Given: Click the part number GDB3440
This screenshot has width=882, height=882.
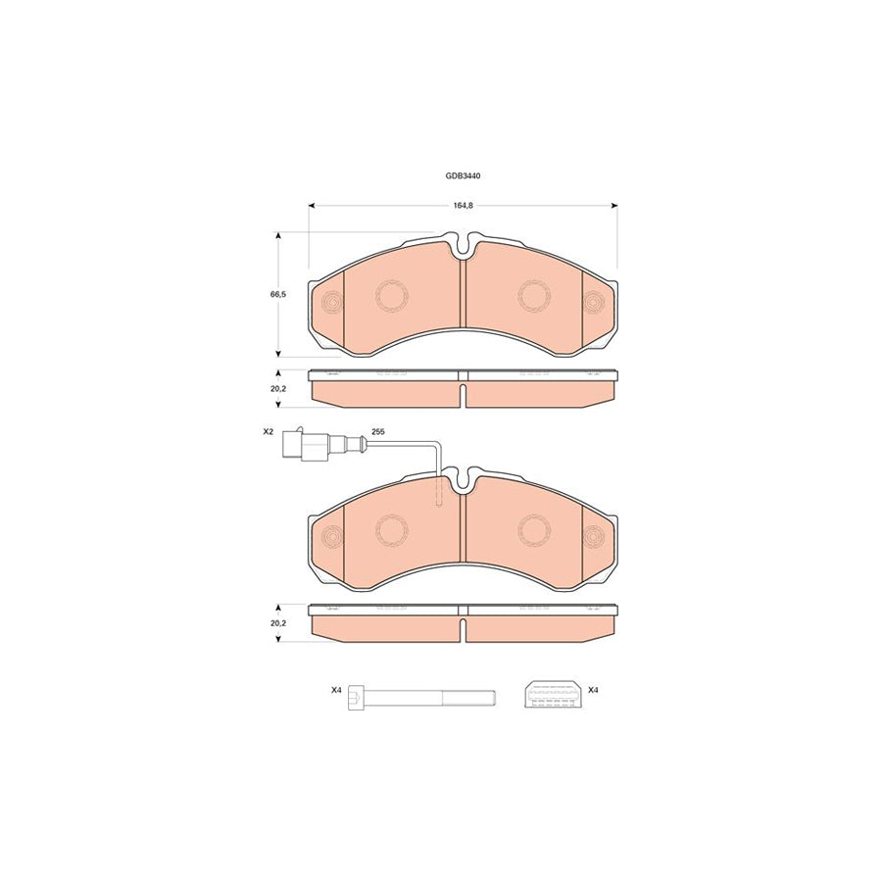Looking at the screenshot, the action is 463,175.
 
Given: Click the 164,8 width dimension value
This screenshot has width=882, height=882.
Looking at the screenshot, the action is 463,206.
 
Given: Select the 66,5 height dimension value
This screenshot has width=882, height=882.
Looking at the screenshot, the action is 278,294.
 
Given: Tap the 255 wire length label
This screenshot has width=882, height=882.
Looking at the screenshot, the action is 377,432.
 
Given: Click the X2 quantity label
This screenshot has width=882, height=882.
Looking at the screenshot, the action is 269,432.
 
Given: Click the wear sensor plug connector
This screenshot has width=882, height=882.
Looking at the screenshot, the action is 302,446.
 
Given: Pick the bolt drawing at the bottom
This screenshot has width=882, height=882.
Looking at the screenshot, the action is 421,698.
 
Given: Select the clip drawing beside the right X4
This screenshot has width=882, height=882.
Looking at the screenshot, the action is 554,694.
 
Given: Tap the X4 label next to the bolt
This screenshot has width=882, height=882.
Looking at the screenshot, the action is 336,690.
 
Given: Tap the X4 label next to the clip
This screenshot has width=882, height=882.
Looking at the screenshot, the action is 593,690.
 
